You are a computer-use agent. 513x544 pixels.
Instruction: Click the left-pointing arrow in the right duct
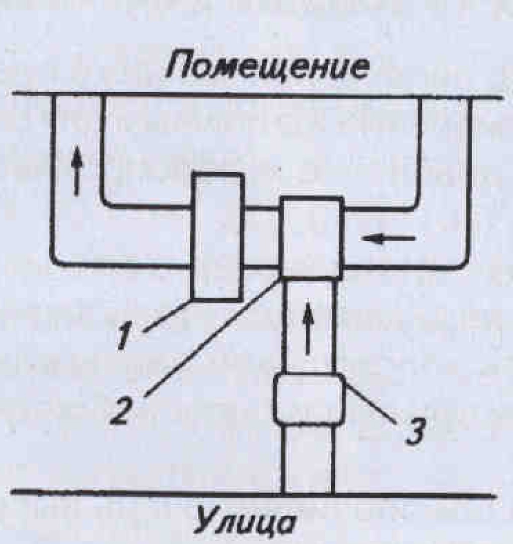(389, 238)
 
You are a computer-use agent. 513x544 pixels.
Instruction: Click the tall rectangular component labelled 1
(217, 236)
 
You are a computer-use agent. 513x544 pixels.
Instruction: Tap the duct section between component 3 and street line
(308, 458)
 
